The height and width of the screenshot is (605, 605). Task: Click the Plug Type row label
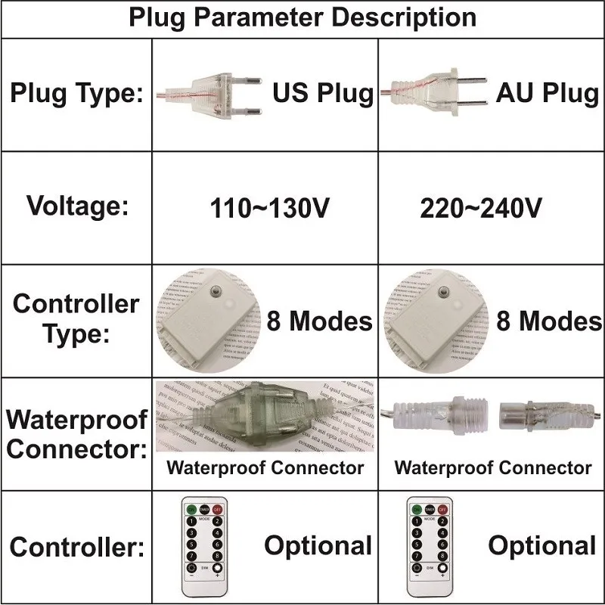point(76,95)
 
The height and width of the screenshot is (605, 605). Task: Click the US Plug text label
point(323,94)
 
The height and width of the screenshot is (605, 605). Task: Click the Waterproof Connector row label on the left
point(76,433)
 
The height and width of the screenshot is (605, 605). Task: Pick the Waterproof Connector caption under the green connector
point(265,467)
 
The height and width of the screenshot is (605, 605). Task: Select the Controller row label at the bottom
point(76,547)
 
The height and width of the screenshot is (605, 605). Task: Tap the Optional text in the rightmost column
point(541,545)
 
